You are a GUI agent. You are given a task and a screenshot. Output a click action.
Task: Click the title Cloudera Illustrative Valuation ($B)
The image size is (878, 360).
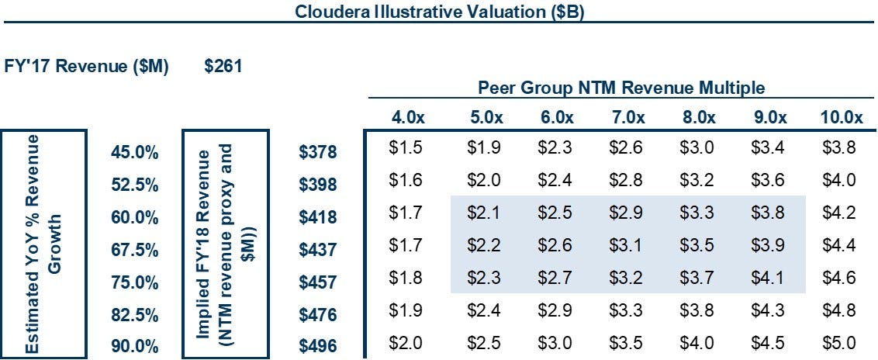point(440,12)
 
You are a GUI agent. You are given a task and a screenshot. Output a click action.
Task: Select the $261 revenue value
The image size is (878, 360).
point(223,67)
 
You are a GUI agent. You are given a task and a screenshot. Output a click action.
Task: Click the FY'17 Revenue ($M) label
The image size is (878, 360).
point(86,67)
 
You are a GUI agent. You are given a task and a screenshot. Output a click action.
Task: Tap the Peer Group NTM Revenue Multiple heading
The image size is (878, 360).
point(621,88)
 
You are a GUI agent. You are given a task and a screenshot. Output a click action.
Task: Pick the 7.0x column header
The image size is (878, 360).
point(627,118)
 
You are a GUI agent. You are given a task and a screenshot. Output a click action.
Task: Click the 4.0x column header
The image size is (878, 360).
point(407,118)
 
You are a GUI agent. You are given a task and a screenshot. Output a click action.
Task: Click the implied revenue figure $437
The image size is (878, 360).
point(318,251)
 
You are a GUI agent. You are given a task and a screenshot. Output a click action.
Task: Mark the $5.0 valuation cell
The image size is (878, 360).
point(838,342)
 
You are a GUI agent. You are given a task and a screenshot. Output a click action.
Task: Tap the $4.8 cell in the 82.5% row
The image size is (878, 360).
point(838,310)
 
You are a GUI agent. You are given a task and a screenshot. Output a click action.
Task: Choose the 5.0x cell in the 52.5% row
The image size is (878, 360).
point(484,180)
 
